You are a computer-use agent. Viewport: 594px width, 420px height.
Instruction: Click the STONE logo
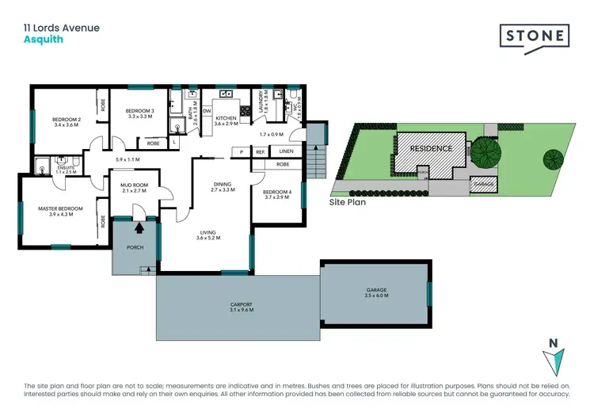pos(534,36)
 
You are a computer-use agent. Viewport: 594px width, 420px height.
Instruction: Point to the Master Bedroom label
pos(60,209)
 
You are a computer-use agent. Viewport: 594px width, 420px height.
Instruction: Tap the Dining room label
pos(222,185)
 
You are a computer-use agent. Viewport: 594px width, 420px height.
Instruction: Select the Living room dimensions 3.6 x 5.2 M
pos(208,237)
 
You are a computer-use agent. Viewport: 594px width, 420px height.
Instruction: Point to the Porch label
pos(134,247)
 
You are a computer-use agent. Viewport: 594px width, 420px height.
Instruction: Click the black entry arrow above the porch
pos(139,228)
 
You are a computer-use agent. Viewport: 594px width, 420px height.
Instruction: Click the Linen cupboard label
pos(286,151)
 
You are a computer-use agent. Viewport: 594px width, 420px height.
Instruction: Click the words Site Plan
pos(348,203)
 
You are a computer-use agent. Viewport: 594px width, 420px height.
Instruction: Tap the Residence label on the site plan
pos(431,148)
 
